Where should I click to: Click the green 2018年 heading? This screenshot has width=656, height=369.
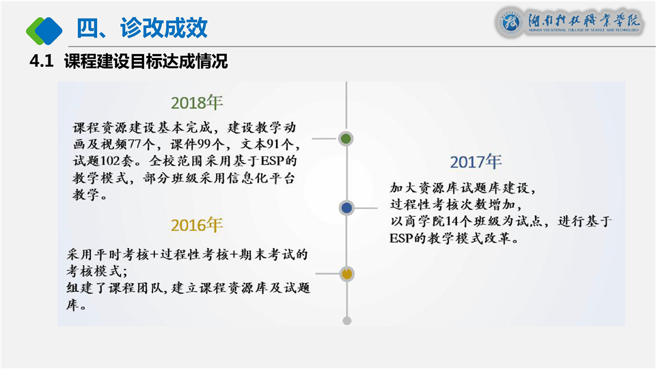pos(197,102)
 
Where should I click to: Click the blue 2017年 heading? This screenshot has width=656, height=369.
pos(476,162)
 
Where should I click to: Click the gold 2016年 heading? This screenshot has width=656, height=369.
pos(197,225)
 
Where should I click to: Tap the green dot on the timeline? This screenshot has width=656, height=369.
pos(346,139)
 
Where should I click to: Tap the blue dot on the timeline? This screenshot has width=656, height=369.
pos(347,208)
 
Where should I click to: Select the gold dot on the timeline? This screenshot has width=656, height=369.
pos(347,274)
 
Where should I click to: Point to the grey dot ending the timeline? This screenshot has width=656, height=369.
pos(347,321)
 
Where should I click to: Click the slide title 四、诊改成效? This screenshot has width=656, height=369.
pos(142,28)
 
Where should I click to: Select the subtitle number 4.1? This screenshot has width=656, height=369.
pos(42,61)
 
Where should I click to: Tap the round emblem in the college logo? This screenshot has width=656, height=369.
pos(510,22)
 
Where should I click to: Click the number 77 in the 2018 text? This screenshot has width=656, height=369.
pos(135,144)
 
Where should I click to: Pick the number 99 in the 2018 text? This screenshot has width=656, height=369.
pos(204,144)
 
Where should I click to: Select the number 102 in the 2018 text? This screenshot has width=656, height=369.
pos(111,161)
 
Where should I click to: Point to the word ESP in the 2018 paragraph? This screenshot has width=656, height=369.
pos(273,161)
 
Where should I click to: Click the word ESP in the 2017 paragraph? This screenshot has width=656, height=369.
pos(401,238)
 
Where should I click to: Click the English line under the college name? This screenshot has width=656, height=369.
pos(584,30)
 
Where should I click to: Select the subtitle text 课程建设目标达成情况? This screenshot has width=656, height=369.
pos(146,61)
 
